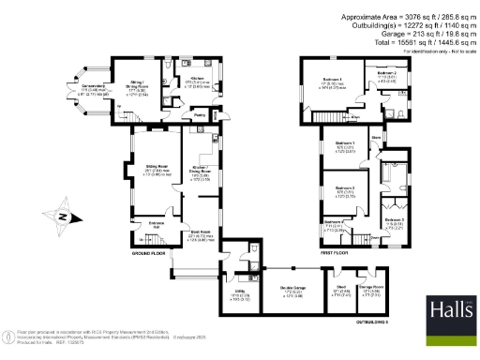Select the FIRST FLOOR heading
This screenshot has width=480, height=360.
[x=335, y=253]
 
